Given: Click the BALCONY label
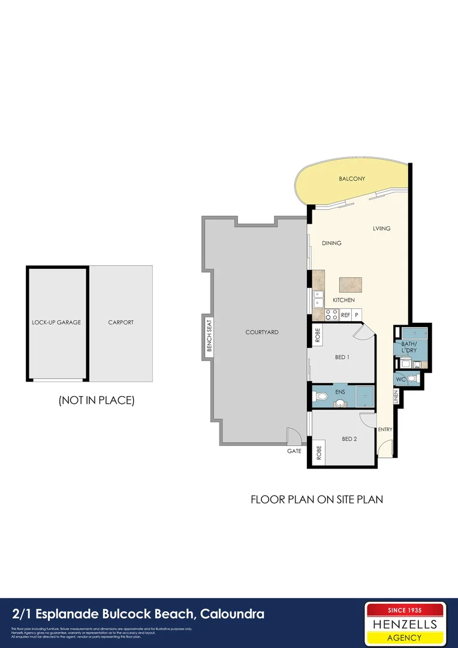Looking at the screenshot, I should (351, 179).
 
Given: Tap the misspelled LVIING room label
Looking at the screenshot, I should (381, 229).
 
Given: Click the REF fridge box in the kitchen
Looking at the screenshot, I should (345, 314).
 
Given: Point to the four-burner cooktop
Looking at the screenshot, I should (331, 314).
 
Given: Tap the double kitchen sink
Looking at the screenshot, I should (318, 298).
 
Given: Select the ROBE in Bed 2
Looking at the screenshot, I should (318, 453).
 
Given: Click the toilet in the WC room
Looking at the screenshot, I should (412, 379).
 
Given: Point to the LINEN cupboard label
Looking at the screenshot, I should (396, 397).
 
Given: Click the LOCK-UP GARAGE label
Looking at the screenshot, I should (56, 322).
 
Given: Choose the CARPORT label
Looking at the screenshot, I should (120, 322).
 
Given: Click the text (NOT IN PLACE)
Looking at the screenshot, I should (97, 400).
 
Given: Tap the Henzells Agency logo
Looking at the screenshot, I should (405, 623).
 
